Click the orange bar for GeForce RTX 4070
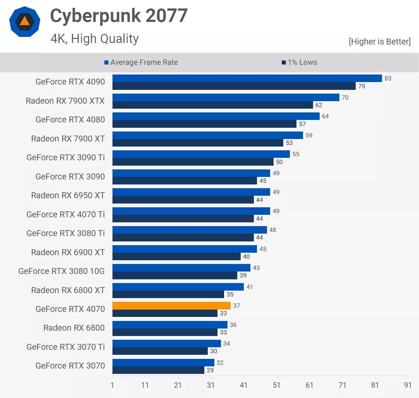[x=171, y=306]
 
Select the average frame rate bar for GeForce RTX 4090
[x=247, y=78]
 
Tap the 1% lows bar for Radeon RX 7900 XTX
[x=212, y=105]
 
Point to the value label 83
[x=388, y=78]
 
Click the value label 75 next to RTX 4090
[x=362, y=86]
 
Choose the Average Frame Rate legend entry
[x=141, y=62]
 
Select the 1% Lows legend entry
[x=300, y=62]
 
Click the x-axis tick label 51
[x=276, y=385]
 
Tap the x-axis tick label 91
[x=408, y=385]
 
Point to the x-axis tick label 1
[x=112, y=385]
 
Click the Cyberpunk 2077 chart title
[x=119, y=16]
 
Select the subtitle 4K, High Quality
[x=94, y=39]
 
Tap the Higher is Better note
[x=380, y=42]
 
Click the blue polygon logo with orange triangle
[x=25, y=22]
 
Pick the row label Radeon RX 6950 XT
[x=68, y=195]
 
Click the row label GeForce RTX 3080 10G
[x=61, y=271]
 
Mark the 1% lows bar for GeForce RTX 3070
[x=158, y=370]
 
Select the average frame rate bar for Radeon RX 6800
[x=170, y=325]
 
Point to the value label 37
[x=237, y=306]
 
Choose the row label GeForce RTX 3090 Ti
[x=65, y=158]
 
